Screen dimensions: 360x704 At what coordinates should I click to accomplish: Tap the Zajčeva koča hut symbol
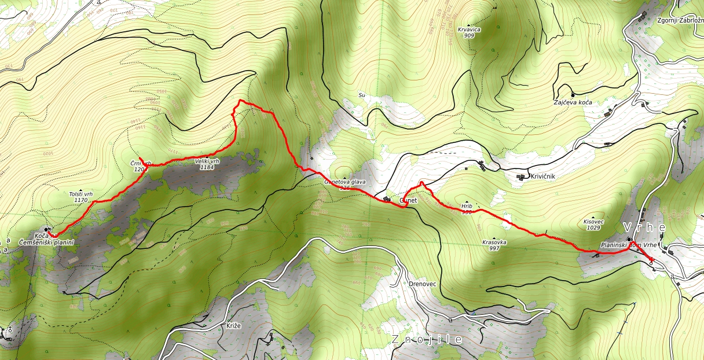tap(573, 94)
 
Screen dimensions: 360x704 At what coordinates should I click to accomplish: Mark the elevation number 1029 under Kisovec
tap(592, 228)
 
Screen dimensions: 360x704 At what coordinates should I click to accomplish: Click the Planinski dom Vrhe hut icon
tap(629, 238)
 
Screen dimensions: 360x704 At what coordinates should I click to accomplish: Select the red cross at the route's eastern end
tap(651, 258)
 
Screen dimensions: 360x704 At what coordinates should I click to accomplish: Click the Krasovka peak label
tap(493, 243)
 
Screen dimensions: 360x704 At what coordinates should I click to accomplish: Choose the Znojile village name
tap(427, 340)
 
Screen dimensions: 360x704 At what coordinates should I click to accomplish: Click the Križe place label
tap(233, 326)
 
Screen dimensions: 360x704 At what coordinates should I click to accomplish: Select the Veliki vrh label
tap(207, 161)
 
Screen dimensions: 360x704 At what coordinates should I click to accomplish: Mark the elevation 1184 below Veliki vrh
tap(207, 167)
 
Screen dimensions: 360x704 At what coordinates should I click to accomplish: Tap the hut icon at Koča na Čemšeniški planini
tap(47, 229)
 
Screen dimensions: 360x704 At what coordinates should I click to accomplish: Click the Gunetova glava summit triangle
tap(346, 178)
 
